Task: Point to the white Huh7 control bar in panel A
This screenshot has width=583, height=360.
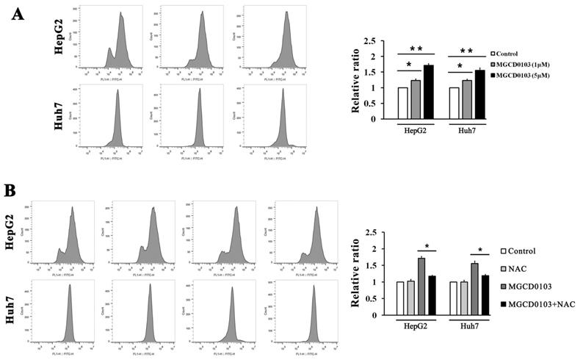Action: tap(453, 103)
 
